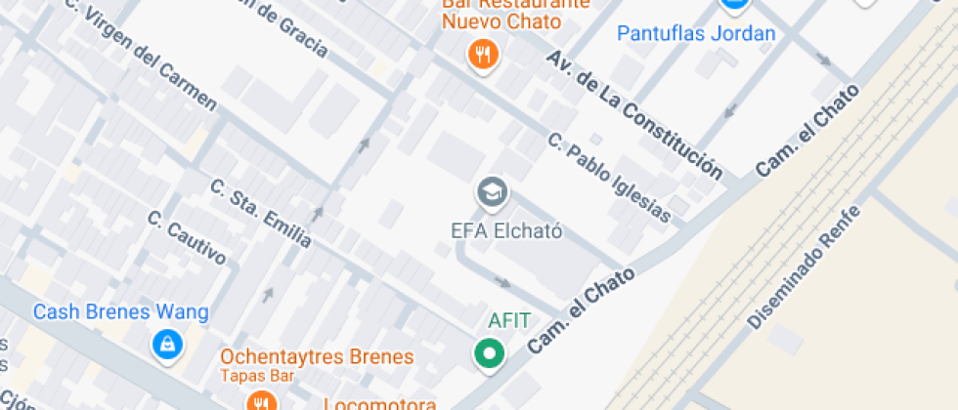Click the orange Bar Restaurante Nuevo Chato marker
[483, 54]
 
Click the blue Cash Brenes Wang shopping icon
[168, 344]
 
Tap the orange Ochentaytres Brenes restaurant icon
[259, 401]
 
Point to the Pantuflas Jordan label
[695, 33]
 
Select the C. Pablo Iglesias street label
[609, 178]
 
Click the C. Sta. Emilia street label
[261, 213]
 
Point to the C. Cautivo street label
[187, 238]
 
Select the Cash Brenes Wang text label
[120, 312]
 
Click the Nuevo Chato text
[501, 20]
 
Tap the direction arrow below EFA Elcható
[502, 283]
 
